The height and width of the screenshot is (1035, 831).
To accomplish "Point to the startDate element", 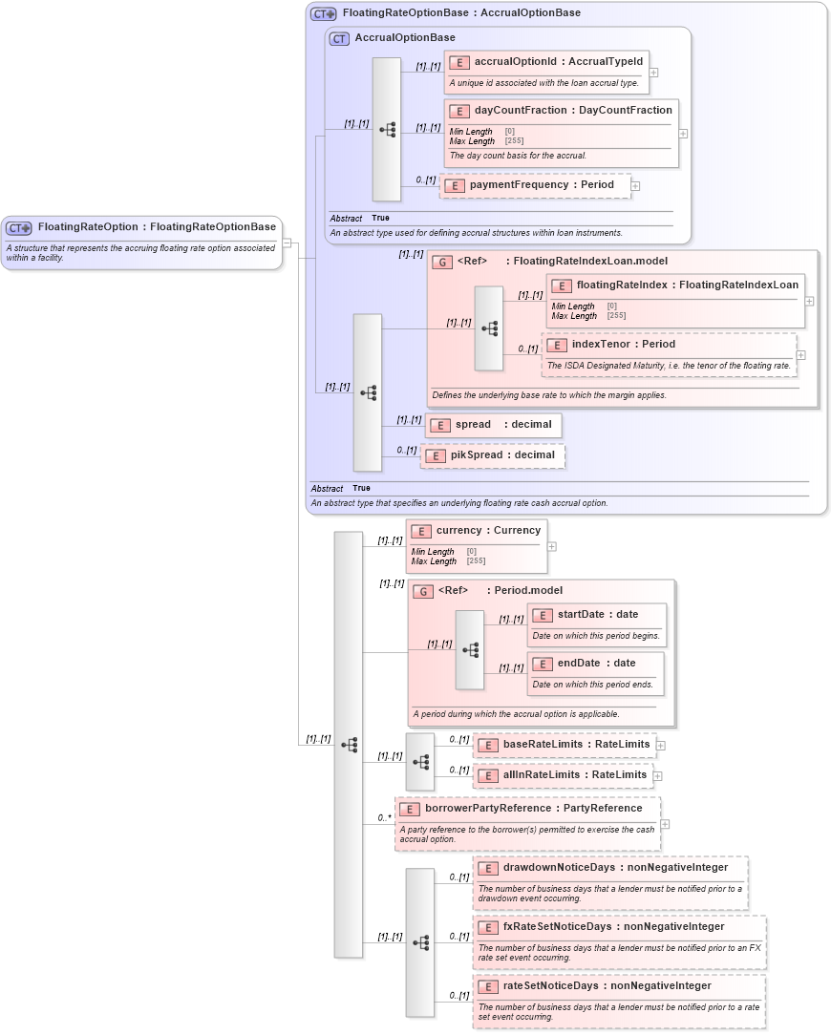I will coord(597,615).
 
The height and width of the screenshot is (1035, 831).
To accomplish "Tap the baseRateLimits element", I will coord(564,745).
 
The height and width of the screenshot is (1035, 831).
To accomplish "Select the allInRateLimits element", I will coord(564,775).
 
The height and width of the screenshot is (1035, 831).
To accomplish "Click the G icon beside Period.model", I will coord(423,591).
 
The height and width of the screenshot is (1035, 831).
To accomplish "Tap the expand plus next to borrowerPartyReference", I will coord(665,824).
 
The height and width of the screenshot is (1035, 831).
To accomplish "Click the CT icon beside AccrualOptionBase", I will coord(339,38).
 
